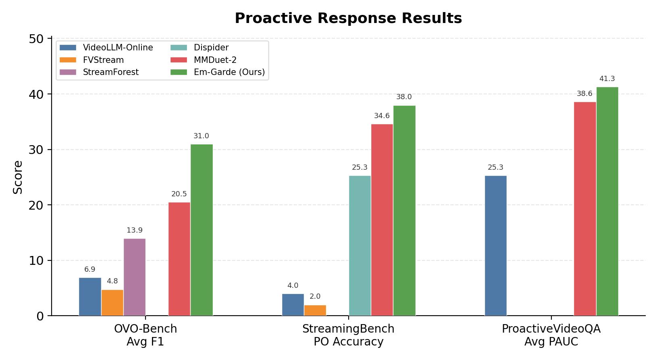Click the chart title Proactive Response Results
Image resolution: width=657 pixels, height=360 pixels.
pos(348,18)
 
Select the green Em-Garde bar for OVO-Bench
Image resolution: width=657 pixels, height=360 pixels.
pos(202,230)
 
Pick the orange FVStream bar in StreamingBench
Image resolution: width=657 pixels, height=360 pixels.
pos(315,310)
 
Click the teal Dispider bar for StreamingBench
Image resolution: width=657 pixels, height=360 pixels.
pos(360,246)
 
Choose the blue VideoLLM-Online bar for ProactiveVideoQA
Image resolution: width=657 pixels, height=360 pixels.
pos(495,246)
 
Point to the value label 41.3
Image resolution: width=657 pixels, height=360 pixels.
pos(607,79)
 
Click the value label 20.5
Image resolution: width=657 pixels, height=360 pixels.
pos(179,194)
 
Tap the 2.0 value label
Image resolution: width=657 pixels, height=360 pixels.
pos(315,296)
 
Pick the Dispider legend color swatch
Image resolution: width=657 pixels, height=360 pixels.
pos(179,48)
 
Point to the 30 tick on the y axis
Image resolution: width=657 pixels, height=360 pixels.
pos(36,150)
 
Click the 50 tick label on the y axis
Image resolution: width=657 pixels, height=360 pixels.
pos(36,39)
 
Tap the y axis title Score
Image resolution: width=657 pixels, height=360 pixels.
pos(18,177)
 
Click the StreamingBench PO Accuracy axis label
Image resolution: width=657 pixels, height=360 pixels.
pos(348,335)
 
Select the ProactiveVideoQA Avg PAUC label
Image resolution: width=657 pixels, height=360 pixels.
pos(551,335)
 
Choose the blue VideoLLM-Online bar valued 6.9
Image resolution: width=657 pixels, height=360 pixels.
pos(90,296)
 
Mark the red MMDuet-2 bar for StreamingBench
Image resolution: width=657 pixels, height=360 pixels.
pos(382,220)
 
